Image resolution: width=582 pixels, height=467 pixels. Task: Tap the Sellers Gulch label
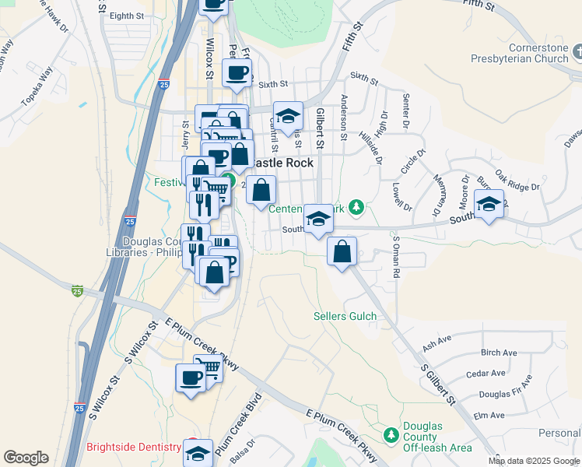(x=345, y=316)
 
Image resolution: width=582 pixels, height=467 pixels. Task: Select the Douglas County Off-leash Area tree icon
(x=391, y=434)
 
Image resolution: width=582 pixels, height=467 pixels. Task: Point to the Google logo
(x=26, y=458)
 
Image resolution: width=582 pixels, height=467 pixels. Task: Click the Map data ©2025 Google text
(x=534, y=461)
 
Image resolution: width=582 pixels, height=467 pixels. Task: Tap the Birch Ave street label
(x=499, y=353)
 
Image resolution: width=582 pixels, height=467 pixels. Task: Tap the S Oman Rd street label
(x=395, y=258)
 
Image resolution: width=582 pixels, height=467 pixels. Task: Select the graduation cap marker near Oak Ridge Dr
(x=489, y=205)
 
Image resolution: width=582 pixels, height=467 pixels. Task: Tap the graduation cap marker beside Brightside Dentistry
(x=198, y=452)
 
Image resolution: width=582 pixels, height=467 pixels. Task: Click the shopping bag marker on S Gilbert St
(x=342, y=252)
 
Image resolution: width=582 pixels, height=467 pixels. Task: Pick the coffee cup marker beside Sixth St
(x=237, y=74)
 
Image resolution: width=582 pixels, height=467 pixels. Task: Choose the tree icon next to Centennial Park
(x=356, y=206)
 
